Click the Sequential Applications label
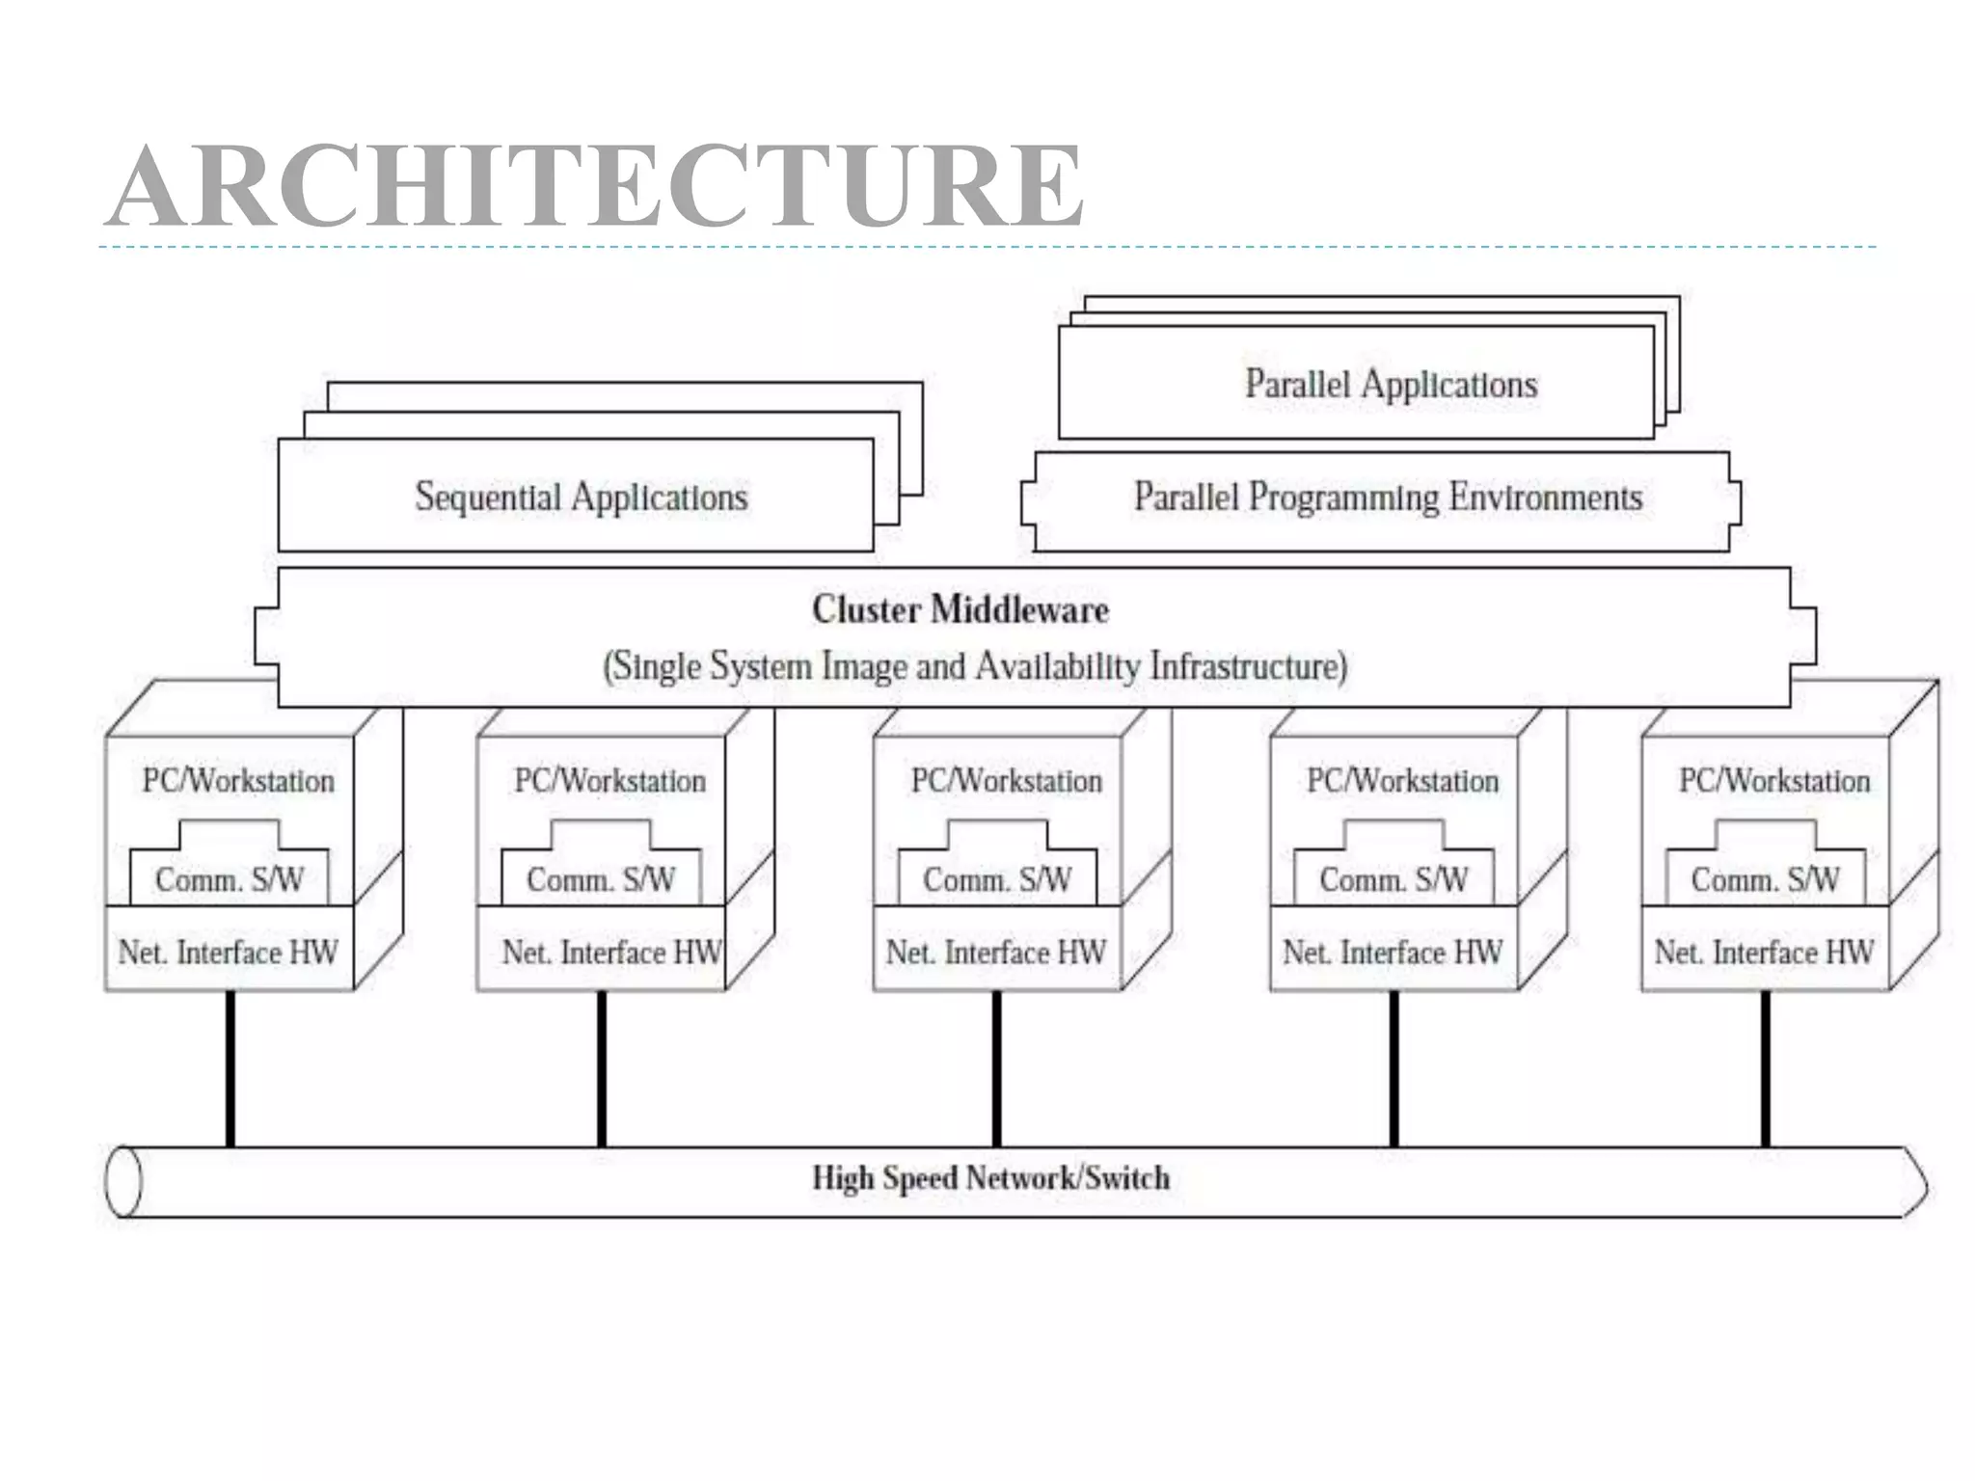point(581,498)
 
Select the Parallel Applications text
point(1390,384)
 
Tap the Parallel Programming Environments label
point(1387,498)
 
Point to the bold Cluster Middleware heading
point(960,609)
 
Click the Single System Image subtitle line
point(974,666)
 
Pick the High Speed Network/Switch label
point(990,1178)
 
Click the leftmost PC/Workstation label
point(238,780)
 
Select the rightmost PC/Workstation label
point(1773,780)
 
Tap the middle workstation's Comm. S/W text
point(996,879)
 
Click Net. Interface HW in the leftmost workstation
point(228,953)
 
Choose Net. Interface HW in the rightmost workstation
point(1764,953)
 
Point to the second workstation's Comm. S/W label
point(600,879)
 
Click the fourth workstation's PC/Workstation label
point(1402,780)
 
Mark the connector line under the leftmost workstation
point(230,1068)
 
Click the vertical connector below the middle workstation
point(996,1068)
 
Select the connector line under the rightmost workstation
point(1765,1068)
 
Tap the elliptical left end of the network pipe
point(123,1181)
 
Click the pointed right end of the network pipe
point(1915,1182)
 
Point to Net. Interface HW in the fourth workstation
point(1392,953)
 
